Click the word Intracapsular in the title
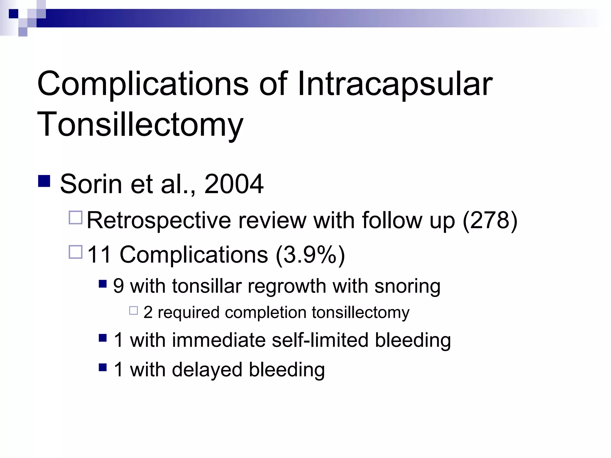[395, 84]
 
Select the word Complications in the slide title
[143, 84]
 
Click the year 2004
[234, 184]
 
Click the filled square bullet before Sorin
[44, 181]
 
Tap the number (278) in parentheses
[490, 220]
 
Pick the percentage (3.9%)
[310, 255]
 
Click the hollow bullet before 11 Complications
[75, 252]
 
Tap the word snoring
[407, 287]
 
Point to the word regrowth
[287, 287]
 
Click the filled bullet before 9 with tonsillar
[103, 284]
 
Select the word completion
[266, 313]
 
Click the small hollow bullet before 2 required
[133, 311]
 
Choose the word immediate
[218, 340]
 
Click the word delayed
[207, 370]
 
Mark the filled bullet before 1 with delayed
[103, 367]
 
